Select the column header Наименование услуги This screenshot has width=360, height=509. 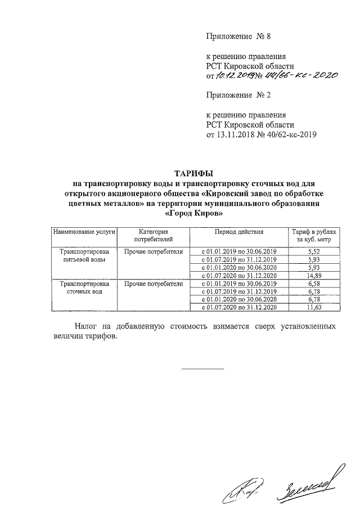[x=84, y=232]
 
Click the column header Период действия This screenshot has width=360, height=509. [x=238, y=232]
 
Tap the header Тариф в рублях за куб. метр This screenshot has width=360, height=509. [x=314, y=236]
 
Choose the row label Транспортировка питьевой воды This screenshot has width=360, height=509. [x=84, y=255]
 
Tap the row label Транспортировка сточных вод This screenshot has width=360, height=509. [x=84, y=287]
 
